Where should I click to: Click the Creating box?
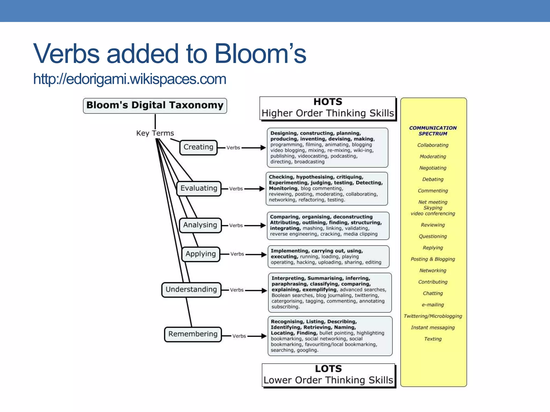(x=198, y=147)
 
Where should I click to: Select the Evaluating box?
(x=199, y=188)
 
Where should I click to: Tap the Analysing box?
(x=200, y=225)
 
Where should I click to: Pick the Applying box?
(x=201, y=254)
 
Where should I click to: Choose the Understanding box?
(x=191, y=290)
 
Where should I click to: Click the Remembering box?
(x=193, y=334)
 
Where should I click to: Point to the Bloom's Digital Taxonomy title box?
(x=155, y=105)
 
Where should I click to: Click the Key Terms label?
(x=155, y=133)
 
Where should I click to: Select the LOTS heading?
(x=328, y=369)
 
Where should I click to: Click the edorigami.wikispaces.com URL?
(x=130, y=79)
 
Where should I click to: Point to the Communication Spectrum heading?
(x=433, y=131)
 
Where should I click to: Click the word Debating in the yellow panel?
(x=433, y=179)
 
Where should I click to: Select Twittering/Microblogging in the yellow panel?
(x=433, y=316)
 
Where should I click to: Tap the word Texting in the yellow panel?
(x=433, y=339)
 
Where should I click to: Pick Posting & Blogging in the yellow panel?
(x=433, y=259)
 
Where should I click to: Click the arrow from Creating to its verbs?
(x=254, y=148)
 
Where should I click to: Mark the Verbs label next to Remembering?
(x=239, y=336)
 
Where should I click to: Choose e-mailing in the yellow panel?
(x=433, y=305)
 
